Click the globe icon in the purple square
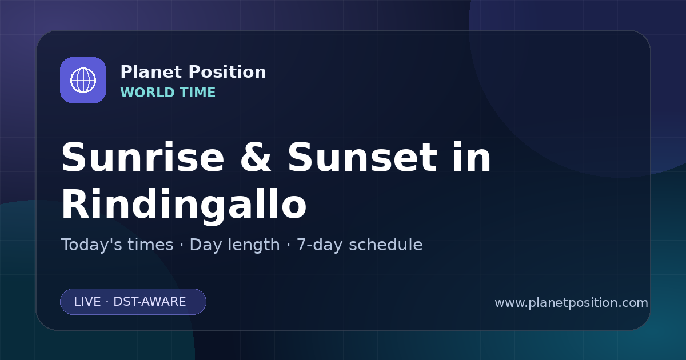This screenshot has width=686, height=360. [83, 80]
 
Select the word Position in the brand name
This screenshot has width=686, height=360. [228, 72]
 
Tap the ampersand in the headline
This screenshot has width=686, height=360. [256, 157]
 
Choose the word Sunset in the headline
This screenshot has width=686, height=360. [362, 157]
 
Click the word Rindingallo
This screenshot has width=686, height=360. [184, 204]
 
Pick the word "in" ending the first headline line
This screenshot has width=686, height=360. [472, 157]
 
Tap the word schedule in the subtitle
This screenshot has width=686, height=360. [386, 245]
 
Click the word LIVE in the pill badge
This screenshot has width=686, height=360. [87, 302]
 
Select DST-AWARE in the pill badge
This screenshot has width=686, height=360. [149, 302]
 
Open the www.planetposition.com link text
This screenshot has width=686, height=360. [572, 303]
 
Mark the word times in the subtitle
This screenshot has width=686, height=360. [150, 245]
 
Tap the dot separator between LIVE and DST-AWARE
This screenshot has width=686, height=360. [107, 302]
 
